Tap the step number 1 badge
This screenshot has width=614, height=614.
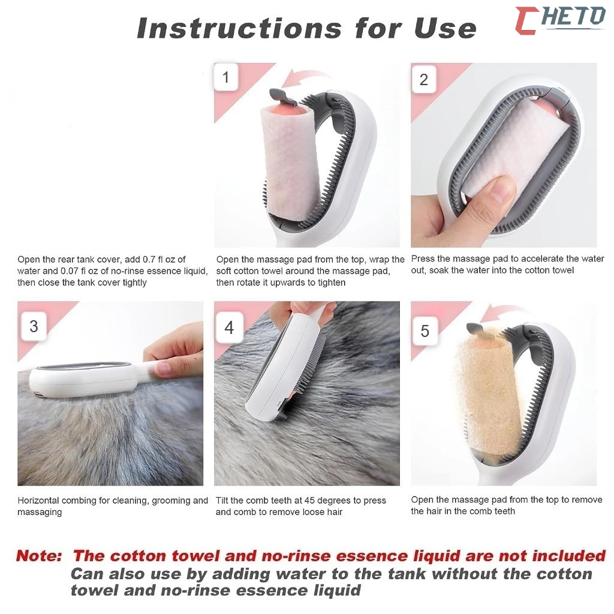pos(226,77)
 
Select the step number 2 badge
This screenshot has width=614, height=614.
pos(423,80)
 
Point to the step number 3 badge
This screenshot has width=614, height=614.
pos(34,326)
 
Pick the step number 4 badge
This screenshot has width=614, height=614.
pos(229,327)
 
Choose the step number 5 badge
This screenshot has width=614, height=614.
pos(425,331)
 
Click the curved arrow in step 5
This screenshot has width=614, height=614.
pos(501,312)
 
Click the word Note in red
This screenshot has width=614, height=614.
pos(39,556)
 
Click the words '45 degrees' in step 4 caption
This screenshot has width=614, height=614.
pos(327,501)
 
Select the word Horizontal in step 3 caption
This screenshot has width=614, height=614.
pos(38,501)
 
